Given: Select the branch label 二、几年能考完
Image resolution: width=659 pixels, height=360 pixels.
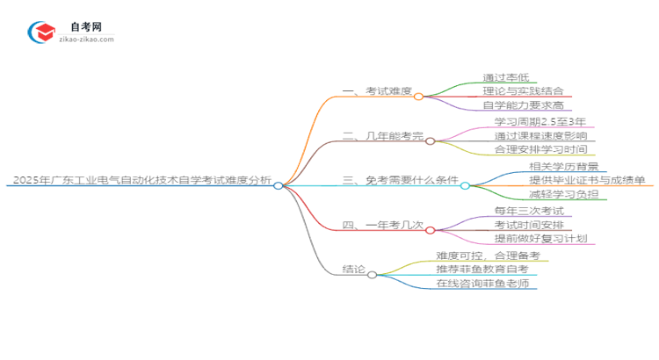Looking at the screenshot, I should tap(382, 139).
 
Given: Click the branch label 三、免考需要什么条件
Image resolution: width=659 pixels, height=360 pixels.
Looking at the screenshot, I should tap(400, 182).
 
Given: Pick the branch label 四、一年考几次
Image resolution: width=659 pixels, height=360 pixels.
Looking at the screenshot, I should tap(382, 225).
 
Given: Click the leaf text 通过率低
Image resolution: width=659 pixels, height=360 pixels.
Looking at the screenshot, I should tap(503, 76).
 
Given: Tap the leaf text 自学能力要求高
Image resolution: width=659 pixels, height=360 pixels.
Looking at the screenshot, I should tap(522, 106).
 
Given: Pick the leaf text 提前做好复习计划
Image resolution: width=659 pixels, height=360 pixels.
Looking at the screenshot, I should tap(539, 239).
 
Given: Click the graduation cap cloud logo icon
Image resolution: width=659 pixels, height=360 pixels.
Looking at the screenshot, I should tap(42, 32).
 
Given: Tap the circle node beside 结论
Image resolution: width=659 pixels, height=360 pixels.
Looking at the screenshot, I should tap(373, 275).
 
